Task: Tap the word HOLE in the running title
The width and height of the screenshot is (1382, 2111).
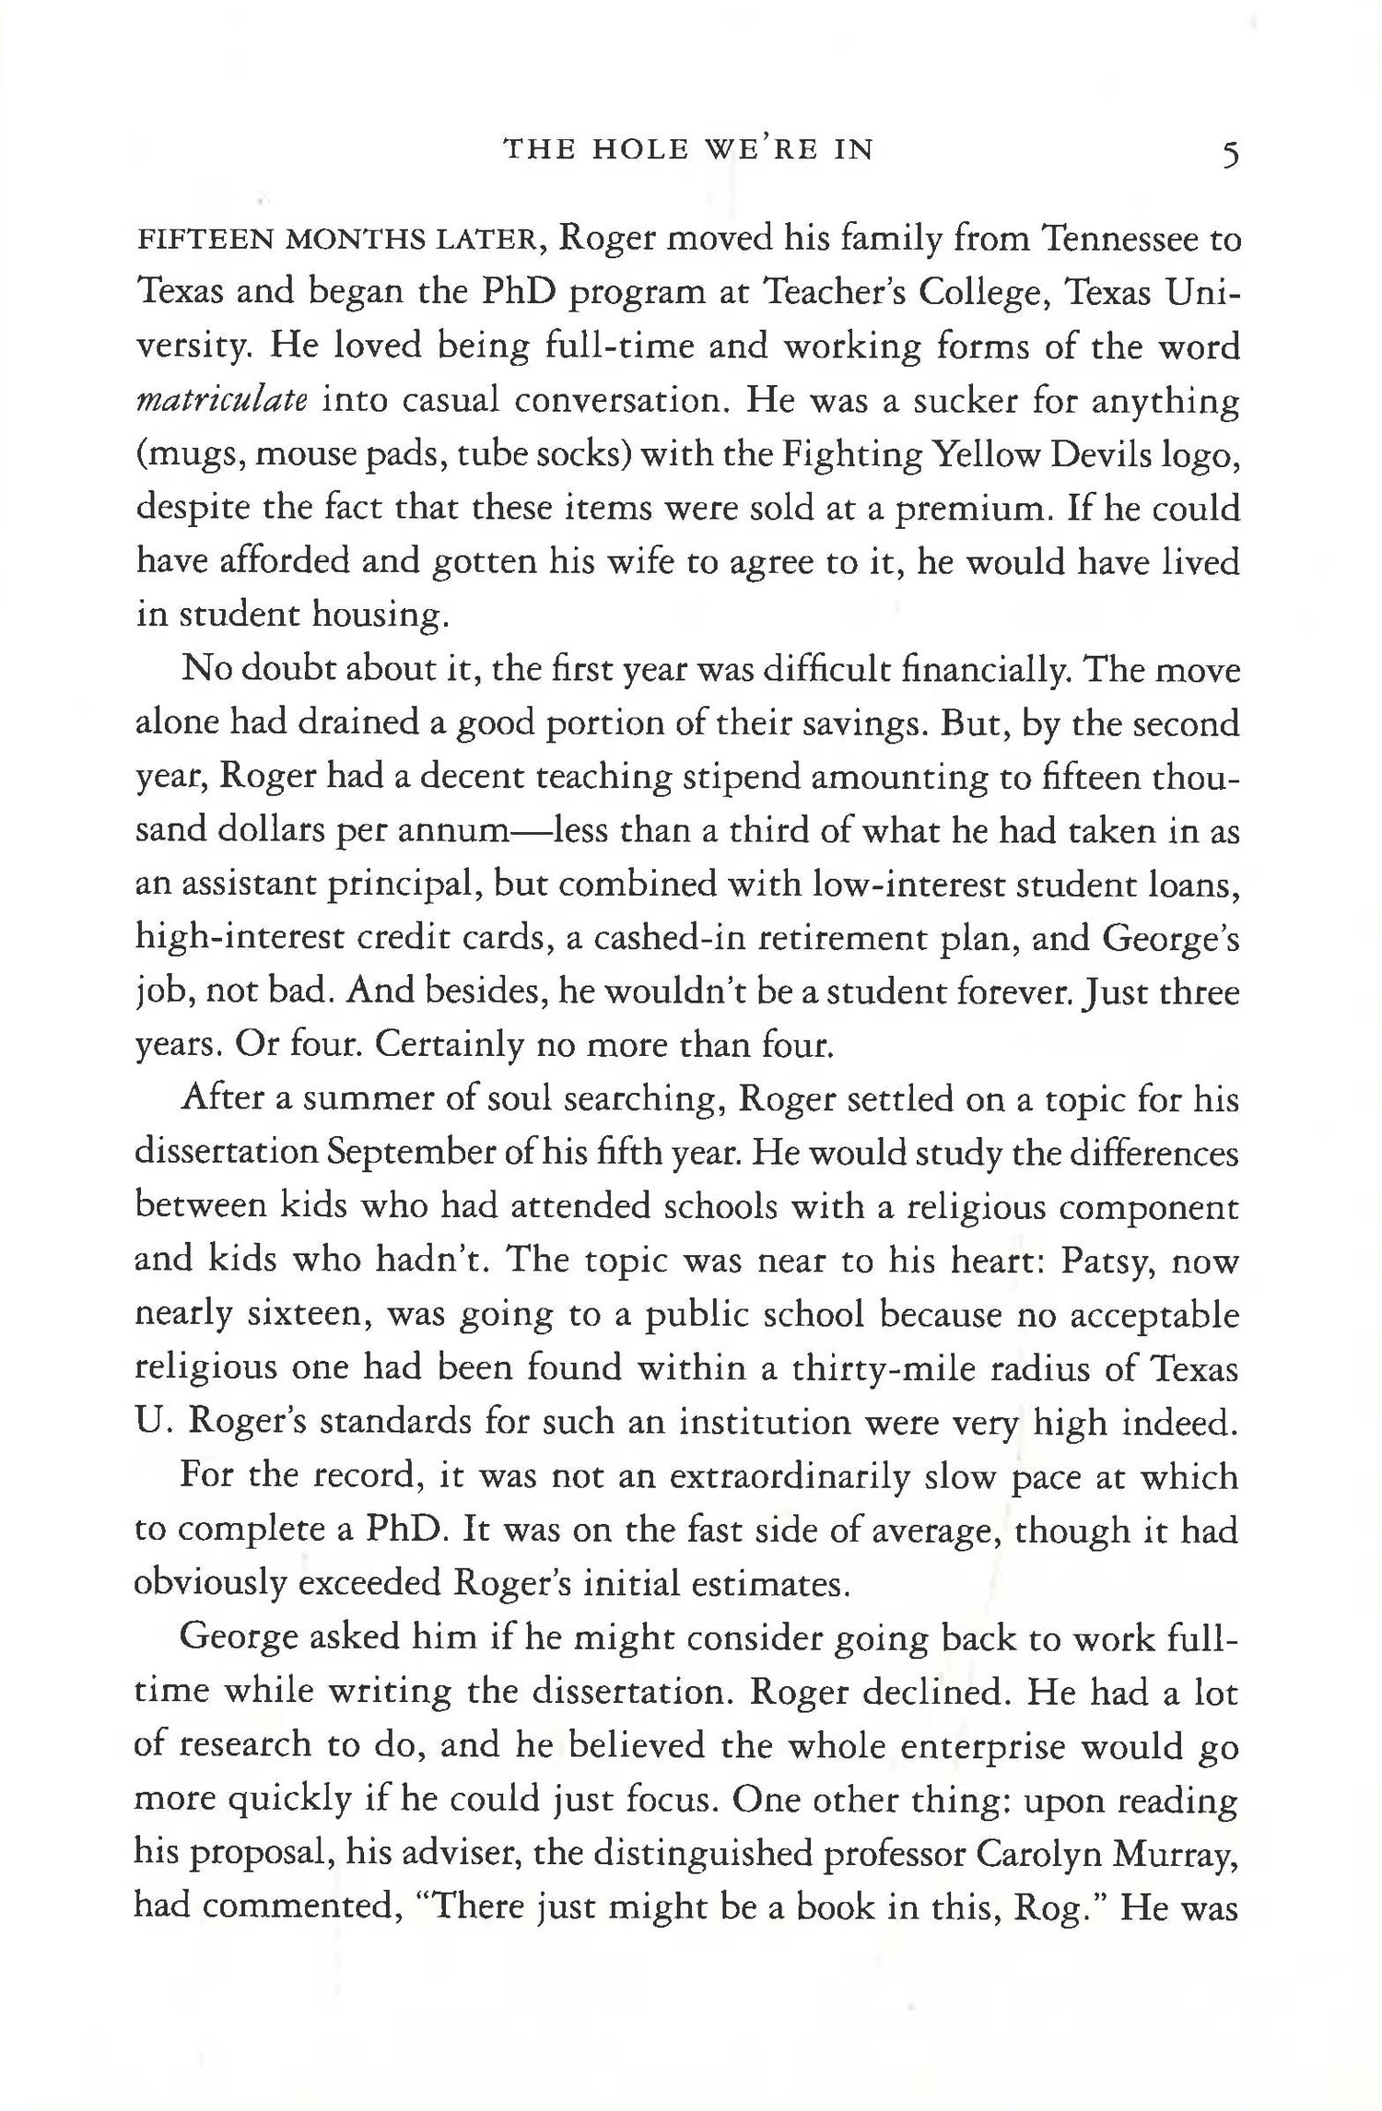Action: (x=636, y=149)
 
